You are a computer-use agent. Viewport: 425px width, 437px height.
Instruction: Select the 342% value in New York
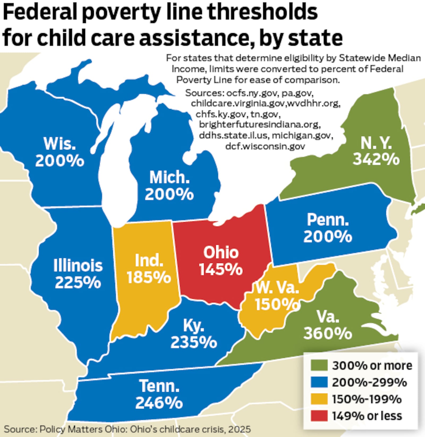[376, 159]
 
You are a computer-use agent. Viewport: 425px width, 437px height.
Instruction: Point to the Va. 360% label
[328, 325]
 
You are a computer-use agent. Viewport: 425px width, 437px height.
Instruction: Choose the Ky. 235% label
[194, 334]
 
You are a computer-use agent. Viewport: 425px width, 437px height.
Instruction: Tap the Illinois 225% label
[78, 274]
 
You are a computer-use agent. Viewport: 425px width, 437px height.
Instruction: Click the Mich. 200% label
[169, 186]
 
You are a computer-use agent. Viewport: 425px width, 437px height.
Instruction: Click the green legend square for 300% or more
[319, 365]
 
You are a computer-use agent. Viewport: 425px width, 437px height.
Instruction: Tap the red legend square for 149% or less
[319, 416]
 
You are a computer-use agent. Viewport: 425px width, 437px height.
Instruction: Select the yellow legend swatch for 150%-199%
[319, 399]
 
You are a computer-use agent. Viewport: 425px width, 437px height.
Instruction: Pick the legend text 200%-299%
[369, 382]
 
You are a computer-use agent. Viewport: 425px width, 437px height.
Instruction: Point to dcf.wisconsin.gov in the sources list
[265, 146]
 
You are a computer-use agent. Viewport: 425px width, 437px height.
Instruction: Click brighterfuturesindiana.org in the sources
[260, 124]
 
